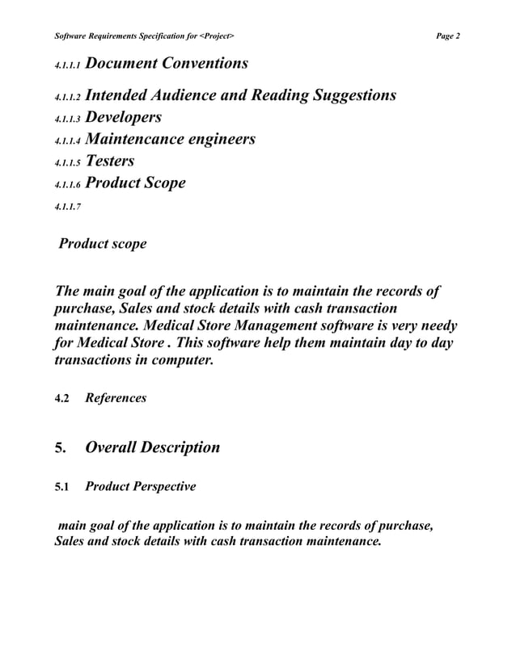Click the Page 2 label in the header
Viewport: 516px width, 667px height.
tap(447, 36)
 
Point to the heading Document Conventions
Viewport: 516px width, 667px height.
tap(167, 63)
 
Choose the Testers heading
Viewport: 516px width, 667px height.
tap(110, 161)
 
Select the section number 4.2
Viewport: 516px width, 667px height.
tap(61, 398)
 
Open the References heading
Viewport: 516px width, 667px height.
tap(116, 398)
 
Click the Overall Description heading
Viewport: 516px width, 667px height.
tap(152, 447)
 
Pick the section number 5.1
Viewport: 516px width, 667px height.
tap(61, 488)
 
